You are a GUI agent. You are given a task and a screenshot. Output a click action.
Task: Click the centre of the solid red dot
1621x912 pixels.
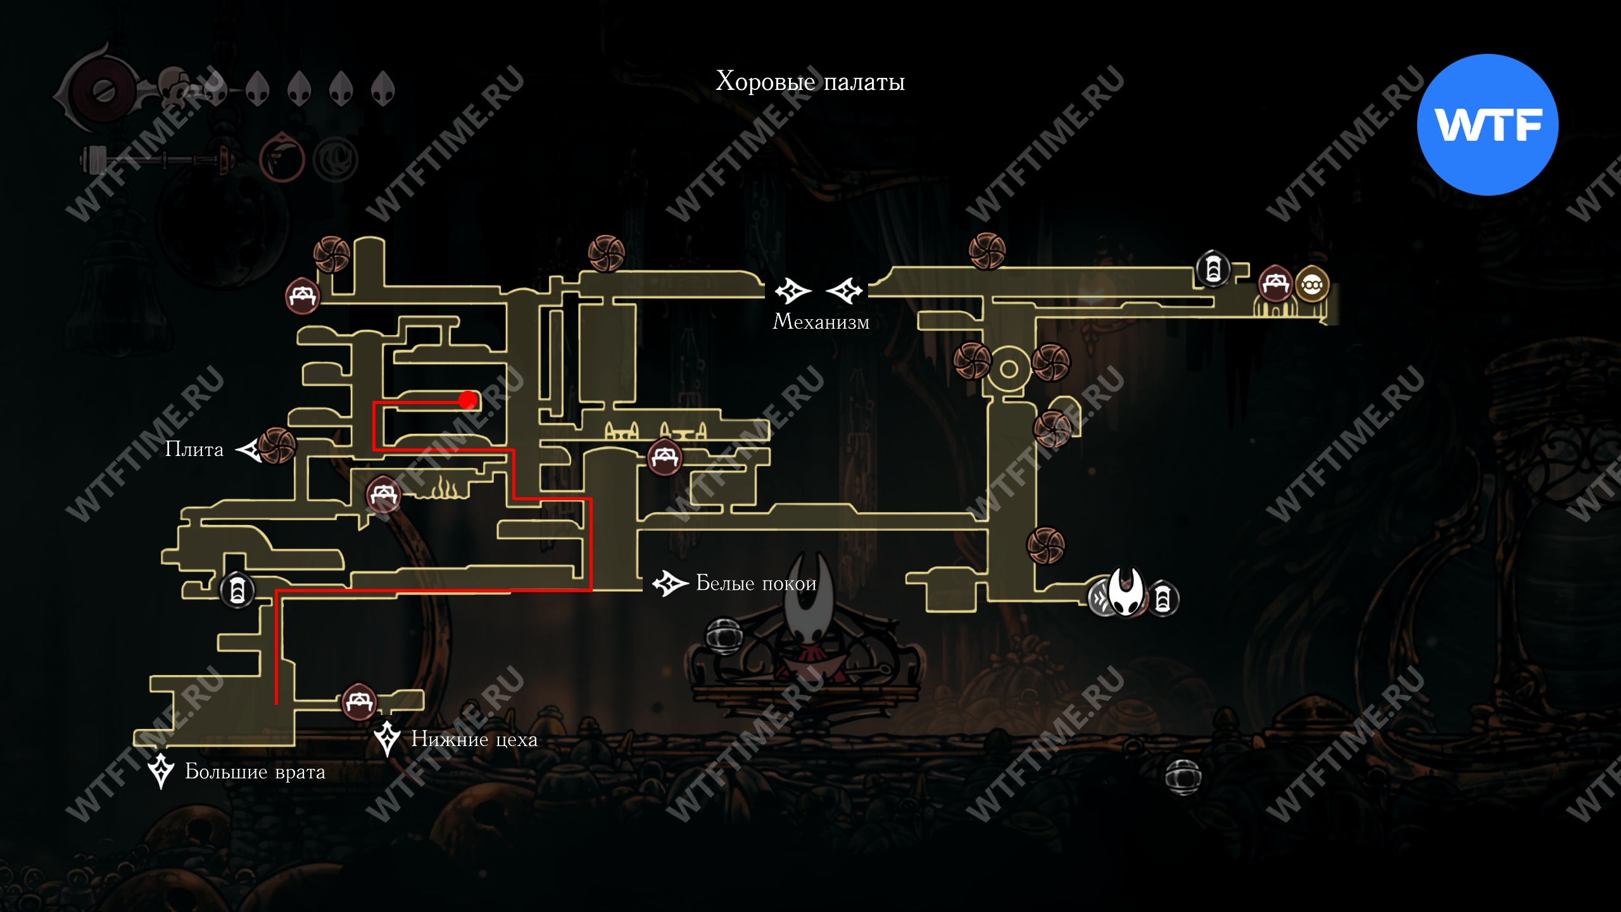point(468,400)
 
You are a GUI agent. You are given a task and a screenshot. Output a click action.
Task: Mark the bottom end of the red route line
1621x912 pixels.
point(276,703)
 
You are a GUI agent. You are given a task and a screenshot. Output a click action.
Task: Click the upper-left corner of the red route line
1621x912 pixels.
point(374,403)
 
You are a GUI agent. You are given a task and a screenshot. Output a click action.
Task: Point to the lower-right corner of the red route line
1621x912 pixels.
point(590,590)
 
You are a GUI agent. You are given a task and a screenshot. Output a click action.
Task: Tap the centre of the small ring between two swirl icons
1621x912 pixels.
point(1009,369)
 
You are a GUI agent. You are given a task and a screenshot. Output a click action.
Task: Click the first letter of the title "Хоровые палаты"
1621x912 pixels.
point(726,81)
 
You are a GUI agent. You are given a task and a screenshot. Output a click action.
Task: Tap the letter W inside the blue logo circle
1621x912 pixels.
point(1460,125)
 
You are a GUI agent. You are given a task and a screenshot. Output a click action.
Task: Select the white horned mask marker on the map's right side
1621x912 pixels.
point(1126,591)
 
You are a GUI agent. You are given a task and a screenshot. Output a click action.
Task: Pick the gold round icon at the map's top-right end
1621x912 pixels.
point(1311,285)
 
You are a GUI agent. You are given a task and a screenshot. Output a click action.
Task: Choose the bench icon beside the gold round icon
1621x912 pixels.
point(1275,284)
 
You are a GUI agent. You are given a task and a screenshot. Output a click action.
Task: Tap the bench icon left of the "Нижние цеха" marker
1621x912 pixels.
point(359,701)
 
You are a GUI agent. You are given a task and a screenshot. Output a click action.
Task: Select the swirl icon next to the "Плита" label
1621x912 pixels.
point(277,445)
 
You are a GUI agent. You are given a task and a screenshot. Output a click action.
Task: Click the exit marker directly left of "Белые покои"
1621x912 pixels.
point(670,583)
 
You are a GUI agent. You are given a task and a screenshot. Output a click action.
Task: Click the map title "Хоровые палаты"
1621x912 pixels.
point(810,82)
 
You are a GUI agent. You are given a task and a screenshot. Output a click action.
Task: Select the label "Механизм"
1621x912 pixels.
point(821,322)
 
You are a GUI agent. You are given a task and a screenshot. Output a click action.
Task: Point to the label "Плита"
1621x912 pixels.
point(194,449)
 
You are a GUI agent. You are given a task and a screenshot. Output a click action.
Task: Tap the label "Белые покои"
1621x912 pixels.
point(756,583)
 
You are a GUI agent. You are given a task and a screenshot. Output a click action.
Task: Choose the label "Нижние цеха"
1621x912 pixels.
point(474,739)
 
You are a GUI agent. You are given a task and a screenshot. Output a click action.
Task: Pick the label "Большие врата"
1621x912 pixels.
point(255,771)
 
